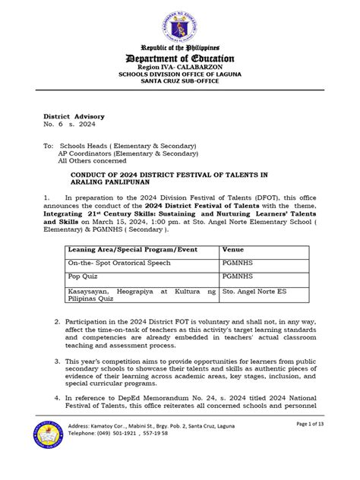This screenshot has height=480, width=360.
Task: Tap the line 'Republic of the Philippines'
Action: pos(180,47)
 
